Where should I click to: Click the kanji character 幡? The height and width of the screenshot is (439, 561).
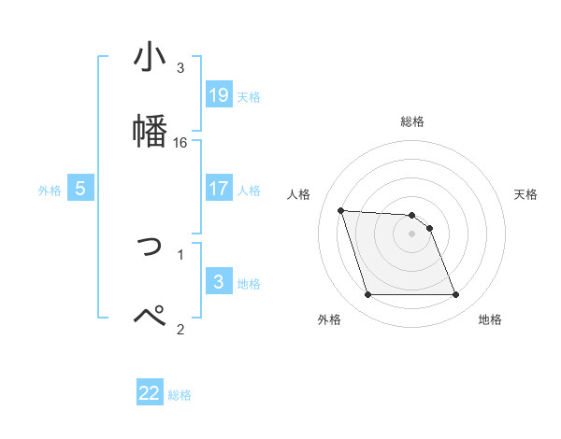coord(150,130)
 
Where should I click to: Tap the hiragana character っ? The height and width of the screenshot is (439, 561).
coord(151,247)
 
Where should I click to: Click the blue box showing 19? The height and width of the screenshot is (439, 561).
coord(219,95)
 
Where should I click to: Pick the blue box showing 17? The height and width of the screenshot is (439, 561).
coord(219,189)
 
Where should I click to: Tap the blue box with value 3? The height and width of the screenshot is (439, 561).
coord(219,282)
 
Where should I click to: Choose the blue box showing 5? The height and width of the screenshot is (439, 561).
coord(80,189)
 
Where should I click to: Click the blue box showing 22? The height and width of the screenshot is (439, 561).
coord(150,393)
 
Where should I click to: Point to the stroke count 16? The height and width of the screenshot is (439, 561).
coord(180,143)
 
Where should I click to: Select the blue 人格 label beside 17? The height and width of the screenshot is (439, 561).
coord(249,191)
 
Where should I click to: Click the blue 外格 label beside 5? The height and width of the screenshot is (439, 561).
coord(50,191)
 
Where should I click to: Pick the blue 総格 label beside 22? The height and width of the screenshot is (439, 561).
coord(180,395)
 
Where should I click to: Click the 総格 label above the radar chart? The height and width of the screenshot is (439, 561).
coord(412,121)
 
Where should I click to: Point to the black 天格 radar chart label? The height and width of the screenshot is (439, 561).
coord(526,194)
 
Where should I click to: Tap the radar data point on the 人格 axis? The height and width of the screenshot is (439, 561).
coord(340,210)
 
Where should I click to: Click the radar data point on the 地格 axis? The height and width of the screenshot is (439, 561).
coord(455,295)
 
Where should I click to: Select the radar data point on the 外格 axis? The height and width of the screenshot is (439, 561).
coord(367,295)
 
